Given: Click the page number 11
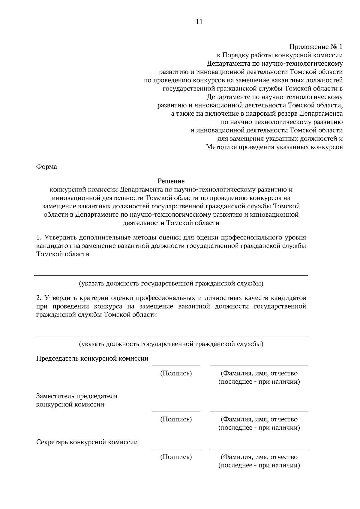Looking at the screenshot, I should coord(199,22).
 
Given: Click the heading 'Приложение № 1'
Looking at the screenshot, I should coord(316,47).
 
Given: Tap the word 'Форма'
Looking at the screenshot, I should coord(46,167).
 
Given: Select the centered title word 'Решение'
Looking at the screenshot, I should coord(171,181).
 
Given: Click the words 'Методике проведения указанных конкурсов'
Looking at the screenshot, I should coord(274,147).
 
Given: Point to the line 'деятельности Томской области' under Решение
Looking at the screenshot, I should coord(171,223).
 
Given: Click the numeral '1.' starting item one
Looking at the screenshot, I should coord(39,238).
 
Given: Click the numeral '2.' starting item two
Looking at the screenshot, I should coord(39,298).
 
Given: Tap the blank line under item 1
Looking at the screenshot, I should coord(171,275).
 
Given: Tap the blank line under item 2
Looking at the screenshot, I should coord(171,336).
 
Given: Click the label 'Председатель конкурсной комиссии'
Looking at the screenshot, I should coord(92,359).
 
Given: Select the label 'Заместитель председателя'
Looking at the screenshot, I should coord(77,396).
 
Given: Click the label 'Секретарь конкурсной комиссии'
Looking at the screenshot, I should coord(87,442).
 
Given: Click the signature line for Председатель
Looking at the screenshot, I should coord(176,365).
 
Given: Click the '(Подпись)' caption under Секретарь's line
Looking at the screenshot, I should coord(176,457).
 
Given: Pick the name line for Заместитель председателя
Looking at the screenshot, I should coord(259,411).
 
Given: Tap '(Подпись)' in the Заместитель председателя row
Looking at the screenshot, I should coord(176,419).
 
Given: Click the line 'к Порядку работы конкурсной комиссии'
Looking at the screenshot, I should coord(280,55).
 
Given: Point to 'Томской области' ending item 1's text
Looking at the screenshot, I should coord(63,254).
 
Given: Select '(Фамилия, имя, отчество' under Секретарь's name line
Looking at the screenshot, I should coord(259,457).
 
